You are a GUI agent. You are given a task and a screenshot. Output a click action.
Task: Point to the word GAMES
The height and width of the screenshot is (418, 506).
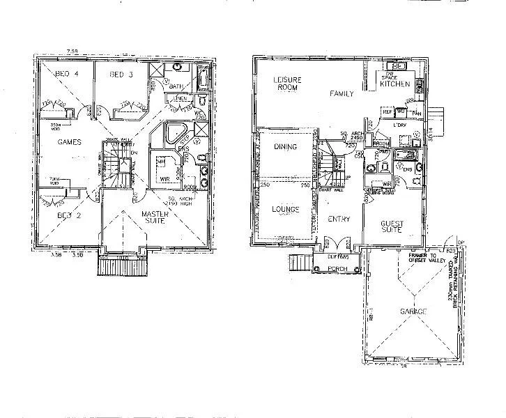pos(69,142)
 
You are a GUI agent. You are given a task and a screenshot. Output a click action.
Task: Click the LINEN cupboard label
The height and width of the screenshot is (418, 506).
pos(180,98)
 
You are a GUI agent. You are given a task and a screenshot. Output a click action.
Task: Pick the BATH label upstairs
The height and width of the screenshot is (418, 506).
pos(175,86)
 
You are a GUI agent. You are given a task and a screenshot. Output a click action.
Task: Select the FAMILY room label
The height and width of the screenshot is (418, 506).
pos(342,93)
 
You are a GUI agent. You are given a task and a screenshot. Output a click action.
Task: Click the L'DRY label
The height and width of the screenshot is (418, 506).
pos(399,125)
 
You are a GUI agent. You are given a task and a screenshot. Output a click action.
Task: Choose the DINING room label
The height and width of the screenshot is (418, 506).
pos(286,147)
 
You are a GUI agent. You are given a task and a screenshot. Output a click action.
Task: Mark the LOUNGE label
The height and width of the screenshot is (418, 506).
pos(286,209)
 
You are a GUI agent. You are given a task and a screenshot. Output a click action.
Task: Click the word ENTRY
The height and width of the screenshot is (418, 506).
pos(339,219)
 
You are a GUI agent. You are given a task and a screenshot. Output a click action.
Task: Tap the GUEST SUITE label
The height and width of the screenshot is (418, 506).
pos(394,227)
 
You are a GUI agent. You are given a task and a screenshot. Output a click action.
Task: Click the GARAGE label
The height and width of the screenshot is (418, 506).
pos(414,311)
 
